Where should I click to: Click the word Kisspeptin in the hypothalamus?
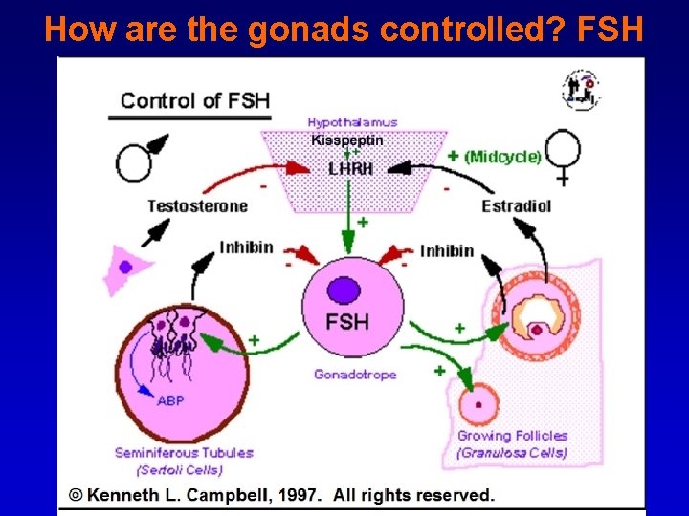346,140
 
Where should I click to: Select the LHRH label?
349,168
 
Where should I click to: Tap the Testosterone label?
197,206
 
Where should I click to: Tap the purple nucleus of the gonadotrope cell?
343,290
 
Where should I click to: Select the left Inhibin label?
246,247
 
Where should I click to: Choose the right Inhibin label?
447,251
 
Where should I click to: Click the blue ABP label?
170,401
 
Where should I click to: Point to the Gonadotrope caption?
354,375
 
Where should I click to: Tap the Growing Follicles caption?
512,437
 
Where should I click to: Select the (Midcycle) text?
502,157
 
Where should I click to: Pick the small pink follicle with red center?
478,404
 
